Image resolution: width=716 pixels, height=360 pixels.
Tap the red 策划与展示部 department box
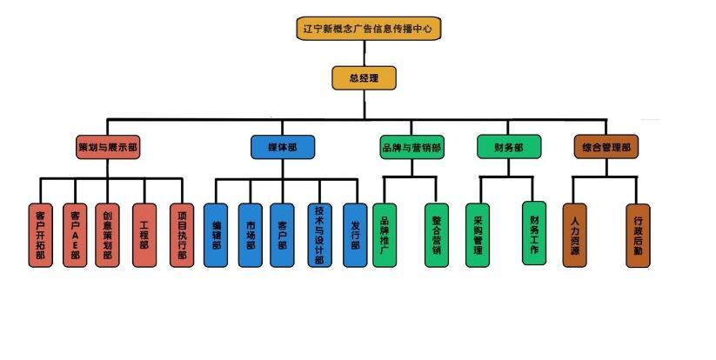pyautogui.click(x=108, y=147)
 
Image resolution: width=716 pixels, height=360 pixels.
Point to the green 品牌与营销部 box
pyautogui.click(x=412, y=147)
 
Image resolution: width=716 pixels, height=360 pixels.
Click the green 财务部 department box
pyautogui.click(x=508, y=147)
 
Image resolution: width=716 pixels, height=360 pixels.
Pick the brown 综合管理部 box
pyautogui.click(x=606, y=147)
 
